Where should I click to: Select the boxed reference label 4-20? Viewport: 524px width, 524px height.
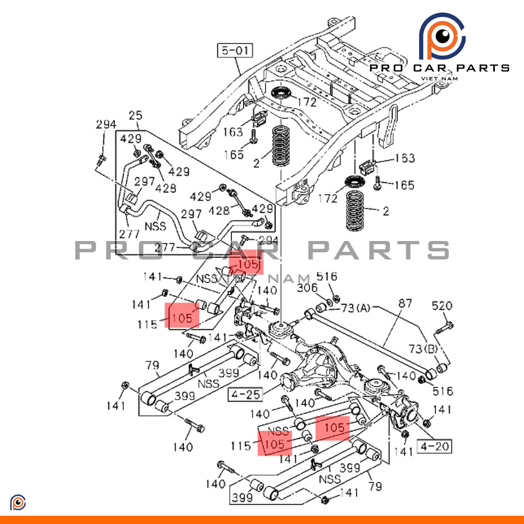pos(435,446)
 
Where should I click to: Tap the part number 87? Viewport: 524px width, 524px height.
pos(404,304)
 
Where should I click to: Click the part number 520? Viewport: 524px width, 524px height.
pos(442,306)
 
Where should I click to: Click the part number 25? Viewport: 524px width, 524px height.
pos(135,116)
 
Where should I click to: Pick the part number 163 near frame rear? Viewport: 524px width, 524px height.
pos(404,158)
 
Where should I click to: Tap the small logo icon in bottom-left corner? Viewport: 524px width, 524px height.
pos(18,503)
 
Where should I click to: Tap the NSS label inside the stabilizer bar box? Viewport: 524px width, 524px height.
pos(156,225)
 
